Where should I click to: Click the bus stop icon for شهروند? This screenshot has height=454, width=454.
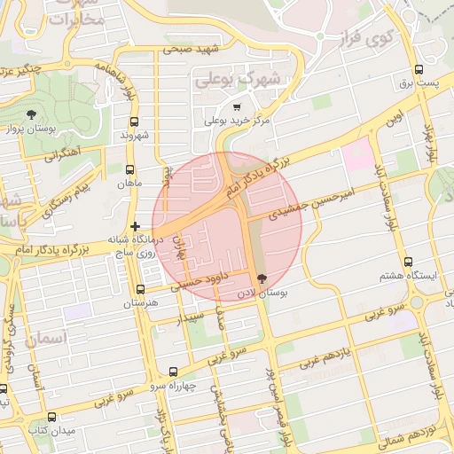pyautogui.click(x=135, y=121)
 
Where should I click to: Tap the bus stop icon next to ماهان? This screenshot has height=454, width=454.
pyautogui.click(x=130, y=170)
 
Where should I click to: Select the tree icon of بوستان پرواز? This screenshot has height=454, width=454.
pyautogui.click(x=32, y=114)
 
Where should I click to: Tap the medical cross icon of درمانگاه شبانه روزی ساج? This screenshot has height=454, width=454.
pyautogui.click(x=135, y=226)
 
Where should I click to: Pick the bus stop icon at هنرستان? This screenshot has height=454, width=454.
pyautogui.click(x=140, y=289)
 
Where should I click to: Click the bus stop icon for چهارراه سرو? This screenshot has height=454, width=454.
pyautogui.click(x=172, y=372)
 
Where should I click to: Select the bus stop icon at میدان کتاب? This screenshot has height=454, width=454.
pyautogui.click(x=51, y=417)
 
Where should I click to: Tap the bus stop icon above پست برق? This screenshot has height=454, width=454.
pyautogui.click(x=418, y=69)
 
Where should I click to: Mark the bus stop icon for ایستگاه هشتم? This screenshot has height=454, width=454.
pyautogui.click(x=408, y=262)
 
